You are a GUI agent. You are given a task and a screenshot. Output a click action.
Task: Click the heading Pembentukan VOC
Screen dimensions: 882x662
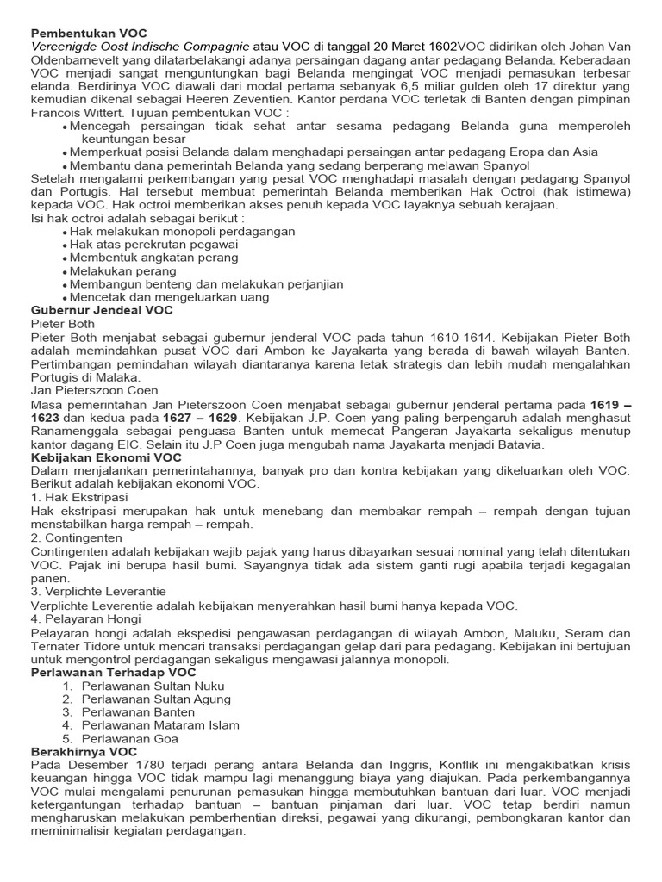(84, 32)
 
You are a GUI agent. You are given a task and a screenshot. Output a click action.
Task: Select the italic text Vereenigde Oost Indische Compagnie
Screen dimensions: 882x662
(140, 46)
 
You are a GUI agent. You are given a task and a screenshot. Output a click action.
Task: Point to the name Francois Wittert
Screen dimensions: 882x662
(77, 111)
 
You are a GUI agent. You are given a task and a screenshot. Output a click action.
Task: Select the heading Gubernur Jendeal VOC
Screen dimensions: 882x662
(102, 310)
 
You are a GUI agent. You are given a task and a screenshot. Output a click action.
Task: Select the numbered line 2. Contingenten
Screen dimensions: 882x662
(76, 537)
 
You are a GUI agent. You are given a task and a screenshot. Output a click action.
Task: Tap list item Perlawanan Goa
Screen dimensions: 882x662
(129, 738)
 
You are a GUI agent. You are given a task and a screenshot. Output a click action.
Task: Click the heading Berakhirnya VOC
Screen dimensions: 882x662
(84, 752)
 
